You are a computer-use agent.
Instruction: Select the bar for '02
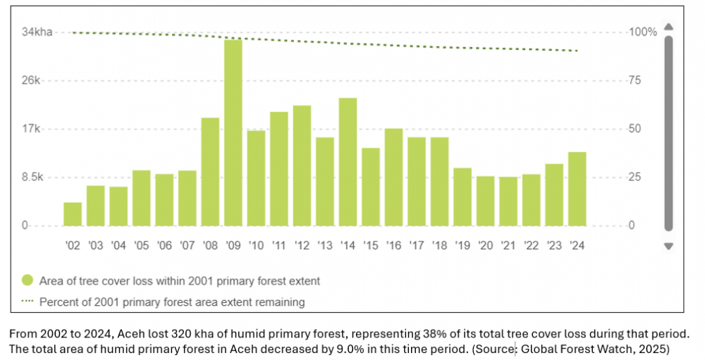click(x=73, y=214)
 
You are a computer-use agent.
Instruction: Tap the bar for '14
click(x=348, y=161)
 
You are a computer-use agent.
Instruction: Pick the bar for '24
click(x=577, y=189)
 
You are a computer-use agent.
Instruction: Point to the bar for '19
click(x=462, y=197)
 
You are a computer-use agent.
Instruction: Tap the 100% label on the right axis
click(x=642, y=32)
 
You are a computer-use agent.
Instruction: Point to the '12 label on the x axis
click(x=302, y=246)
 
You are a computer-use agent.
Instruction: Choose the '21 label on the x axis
click(x=508, y=246)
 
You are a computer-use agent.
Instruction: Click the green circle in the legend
click(x=28, y=280)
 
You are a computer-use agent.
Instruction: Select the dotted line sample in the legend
click(x=28, y=302)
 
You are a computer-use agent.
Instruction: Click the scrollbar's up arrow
click(x=669, y=27)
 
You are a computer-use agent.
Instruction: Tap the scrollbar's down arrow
click(x=669, y=246)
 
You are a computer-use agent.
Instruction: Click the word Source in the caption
click(x=498, y=348)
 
